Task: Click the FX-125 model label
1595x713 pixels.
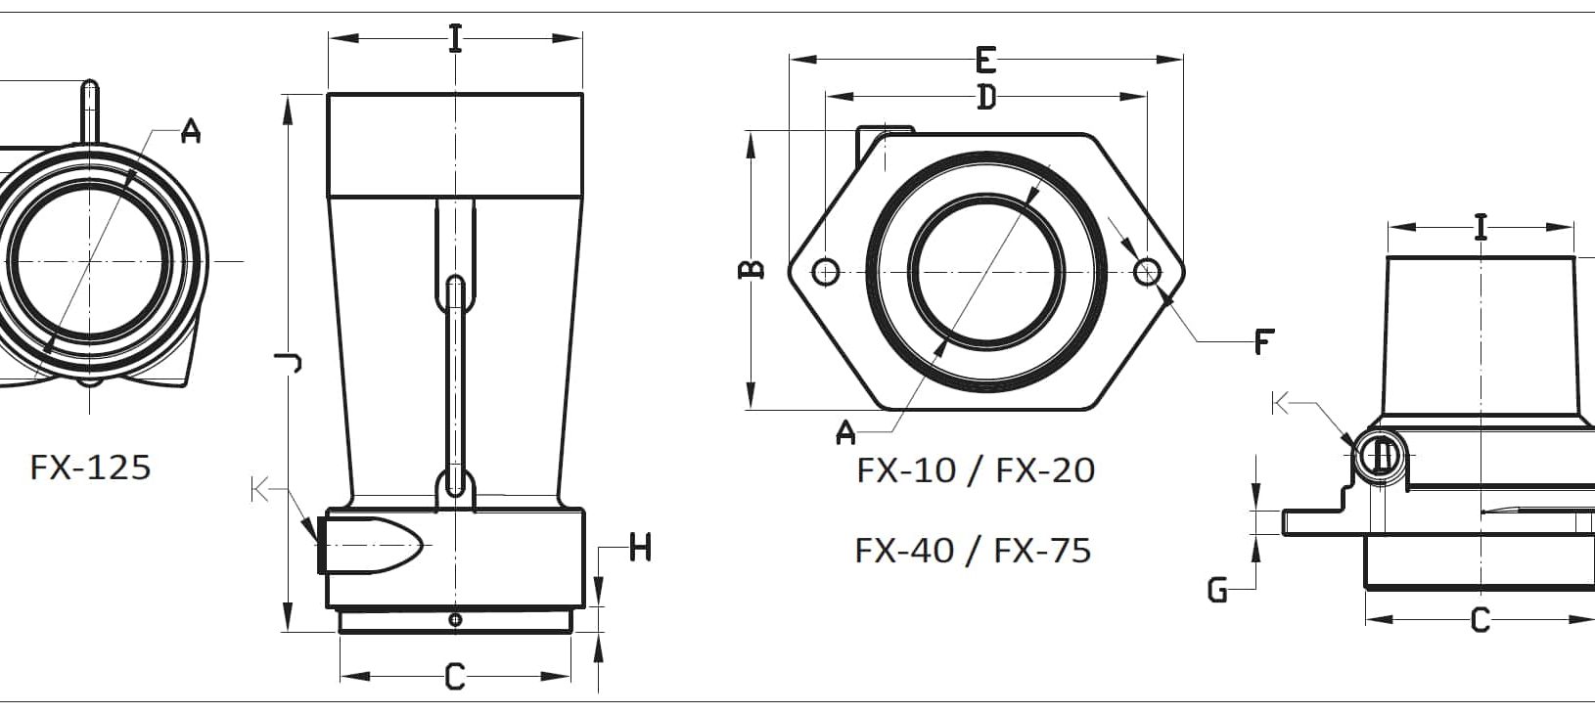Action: pos(90,468)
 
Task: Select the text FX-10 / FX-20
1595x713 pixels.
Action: pos(976,470)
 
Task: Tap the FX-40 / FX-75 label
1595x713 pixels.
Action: pos(973,551)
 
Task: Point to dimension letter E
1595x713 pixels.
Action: pos(984,60)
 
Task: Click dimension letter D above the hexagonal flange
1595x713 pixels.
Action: pos(986,97)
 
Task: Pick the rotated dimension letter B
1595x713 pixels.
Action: pos(752,270)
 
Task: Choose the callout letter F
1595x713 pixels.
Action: pos(1264,341)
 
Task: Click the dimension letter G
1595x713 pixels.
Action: pos(1217,590)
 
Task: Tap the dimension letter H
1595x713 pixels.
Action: pos(640,548)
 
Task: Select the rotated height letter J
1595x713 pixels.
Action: pos(289,363)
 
